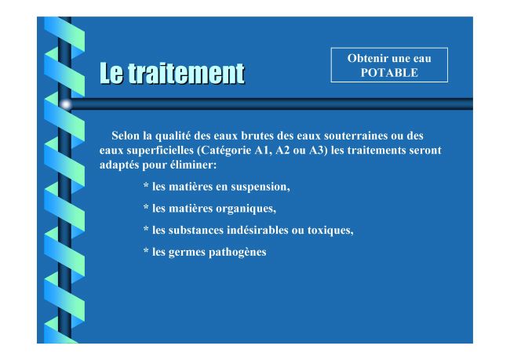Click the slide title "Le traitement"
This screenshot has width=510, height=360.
point(172,74)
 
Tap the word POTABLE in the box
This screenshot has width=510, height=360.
point(389,72)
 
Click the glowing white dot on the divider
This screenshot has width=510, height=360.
point(66,104)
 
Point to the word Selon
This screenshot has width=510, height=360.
point(126,136)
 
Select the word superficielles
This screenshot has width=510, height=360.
point(160,151)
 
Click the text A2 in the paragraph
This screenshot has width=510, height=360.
point(282,151)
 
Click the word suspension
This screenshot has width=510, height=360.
point(260,187)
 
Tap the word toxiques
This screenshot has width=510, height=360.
point(330,231)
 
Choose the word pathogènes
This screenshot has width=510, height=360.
point(238,253)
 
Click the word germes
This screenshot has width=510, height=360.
point(187,253)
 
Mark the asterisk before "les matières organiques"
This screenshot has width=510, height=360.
point(146,207)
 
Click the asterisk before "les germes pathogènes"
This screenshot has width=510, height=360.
point(146,250)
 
